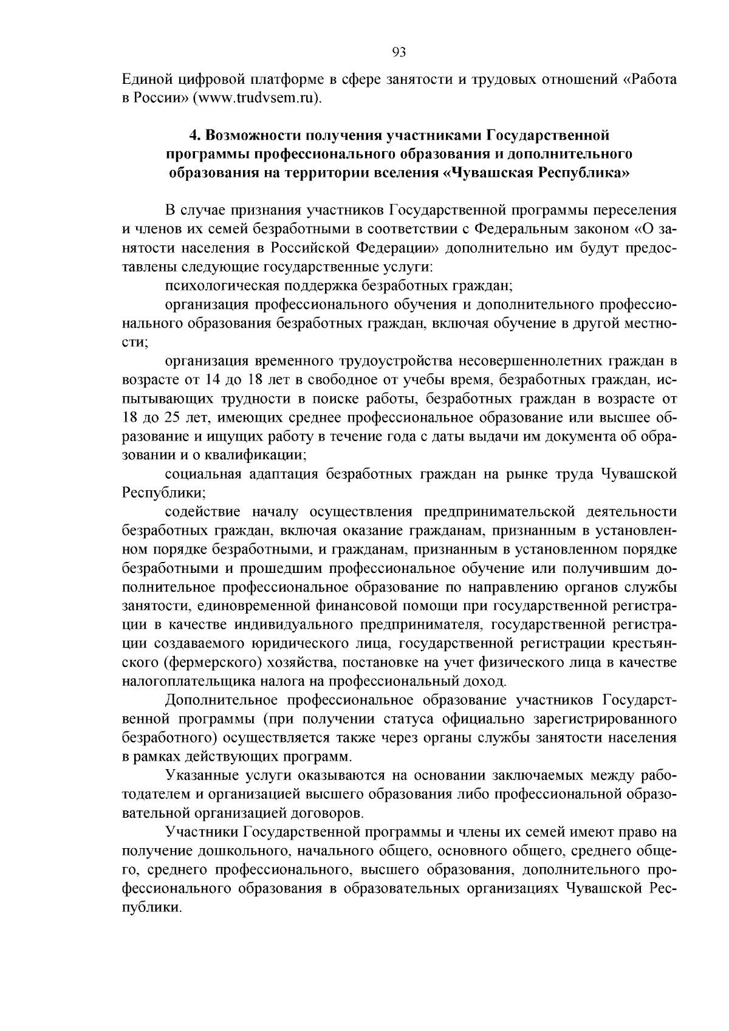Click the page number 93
tap(399, 52)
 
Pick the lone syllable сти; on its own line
tap(135, 341)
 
